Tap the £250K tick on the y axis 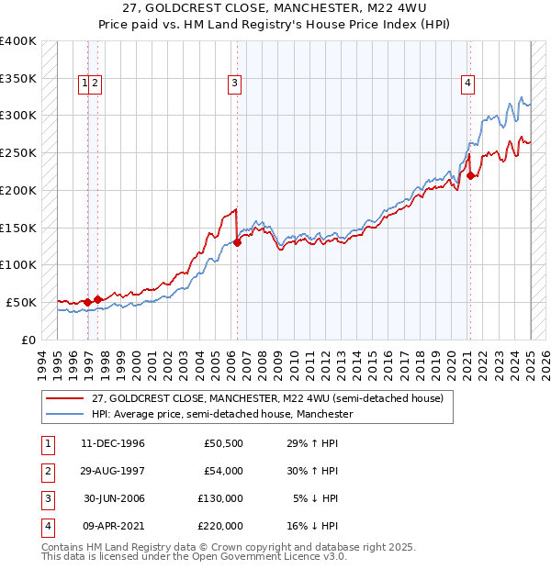tap(18, 152)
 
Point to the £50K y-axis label tap(21, 302)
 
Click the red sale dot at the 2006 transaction tap(237, 242)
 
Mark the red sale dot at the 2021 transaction tap(470, 175)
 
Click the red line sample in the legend tap(64, 399)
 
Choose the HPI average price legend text tap(222, 415)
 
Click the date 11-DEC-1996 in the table tap(112, 444)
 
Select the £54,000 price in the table tap(223, 471)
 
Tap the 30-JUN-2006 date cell tap(112, 498)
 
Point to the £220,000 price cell tap(220, 526)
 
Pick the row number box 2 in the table tap(46, 471)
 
